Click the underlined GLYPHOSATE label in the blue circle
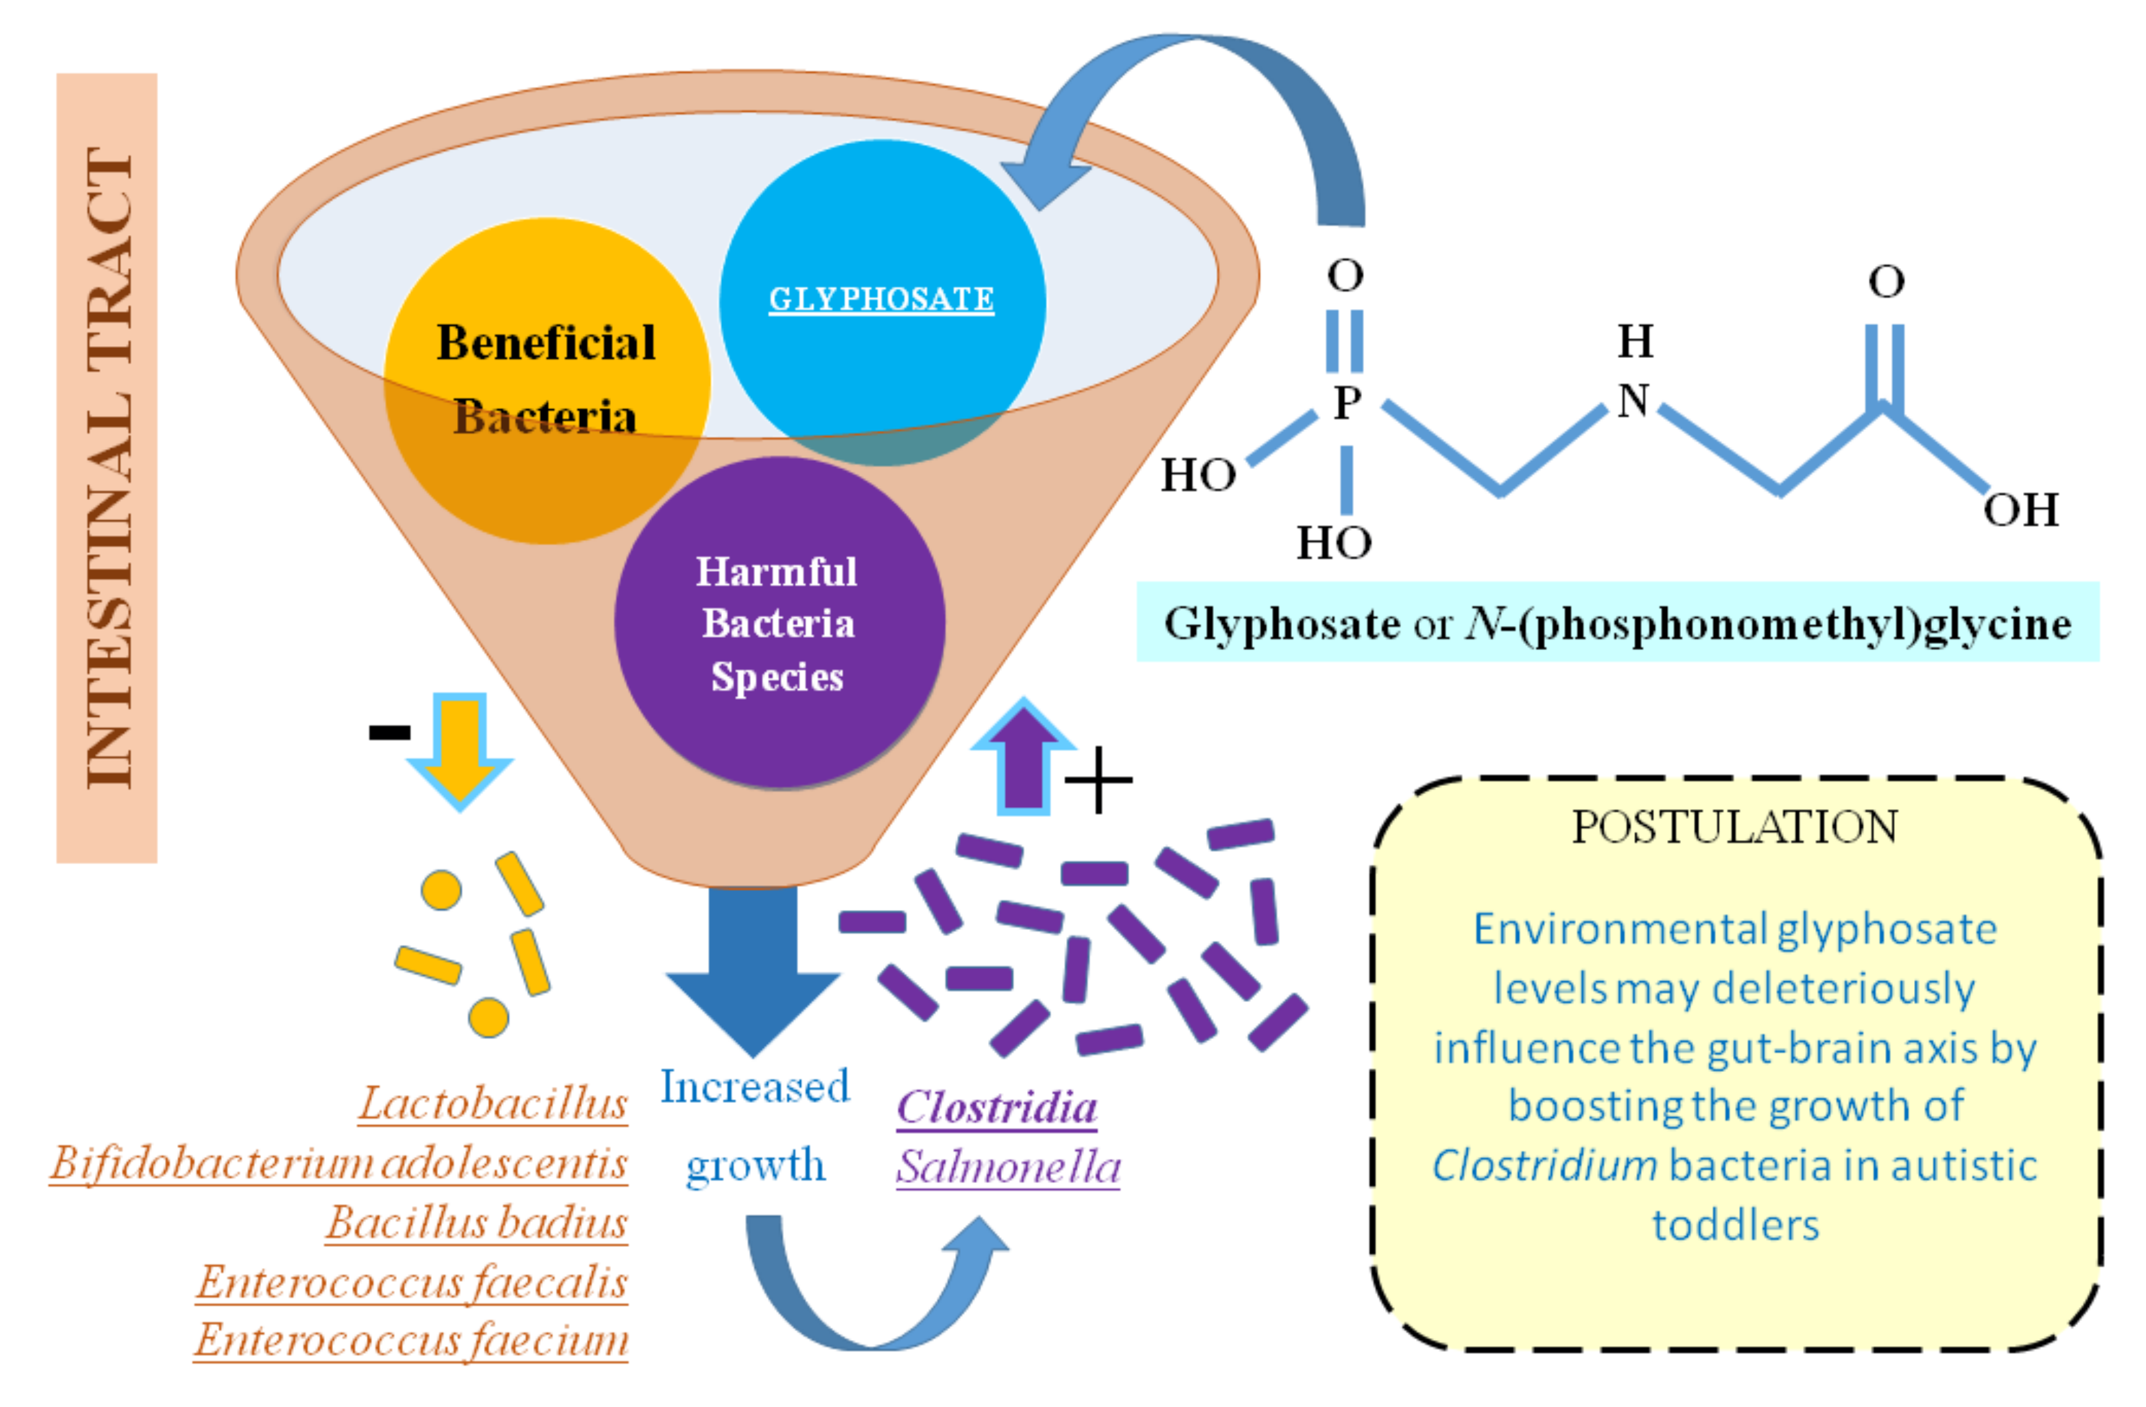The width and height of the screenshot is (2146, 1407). [881, 298]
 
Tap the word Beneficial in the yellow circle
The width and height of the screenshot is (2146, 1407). [546, 342]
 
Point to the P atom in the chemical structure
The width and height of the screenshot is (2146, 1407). [1346, 402]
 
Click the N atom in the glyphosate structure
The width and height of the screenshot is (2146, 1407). [1633, 401]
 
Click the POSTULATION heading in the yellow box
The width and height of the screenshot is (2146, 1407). [1734, 827]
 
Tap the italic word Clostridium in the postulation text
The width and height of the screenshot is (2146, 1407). [1544, 1165]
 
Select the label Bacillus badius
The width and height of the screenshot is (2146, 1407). [476, 1223]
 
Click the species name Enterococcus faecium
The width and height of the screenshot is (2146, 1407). [411, 1340]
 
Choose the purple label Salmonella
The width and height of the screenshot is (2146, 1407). [1007, 1167]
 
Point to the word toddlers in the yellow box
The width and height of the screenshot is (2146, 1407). [1735, 1225]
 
